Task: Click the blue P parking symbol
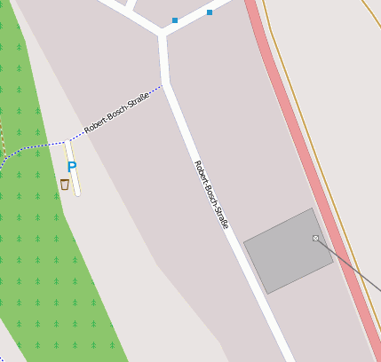click(x=72, y=166)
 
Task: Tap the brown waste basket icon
click(x=64, y=184)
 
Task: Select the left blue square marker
click(x=175, y=20)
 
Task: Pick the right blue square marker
click(x=210, y=12)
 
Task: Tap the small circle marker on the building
click(x=315, y=239)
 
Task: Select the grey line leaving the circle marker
click(x=351, y=266)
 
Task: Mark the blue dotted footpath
click(x=36, y=145)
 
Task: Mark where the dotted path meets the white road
click(x=163, y=86)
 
